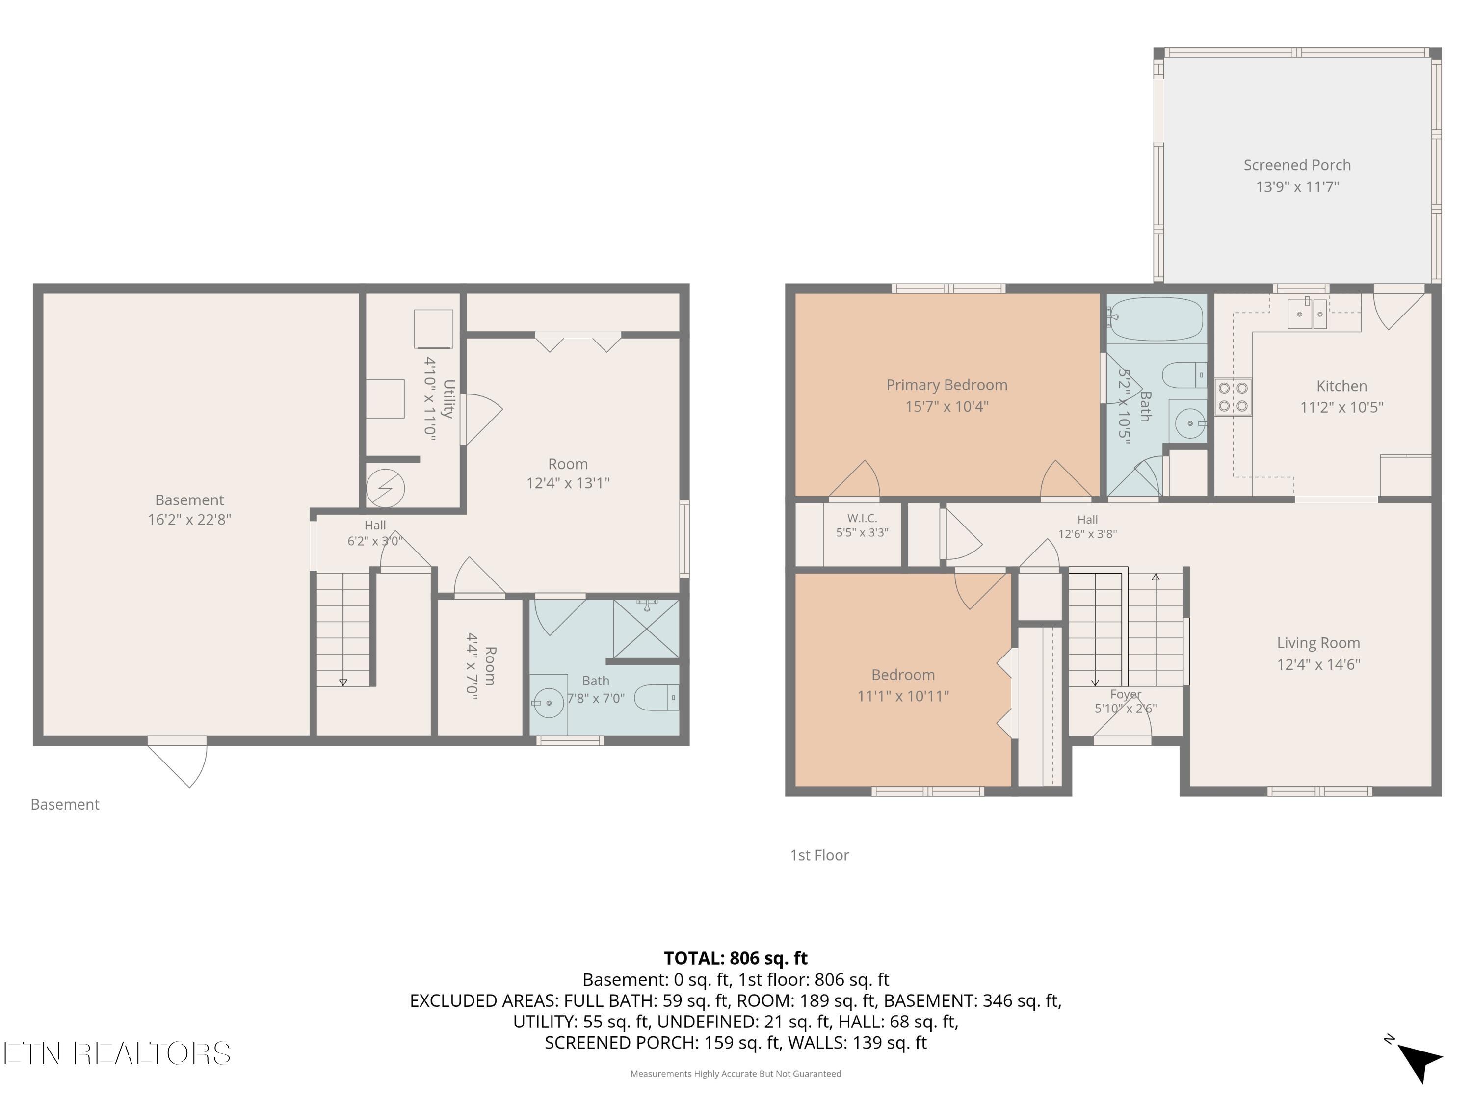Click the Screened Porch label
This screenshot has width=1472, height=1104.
point(1297,165)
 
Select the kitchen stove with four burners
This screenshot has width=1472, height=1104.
point(1233,396)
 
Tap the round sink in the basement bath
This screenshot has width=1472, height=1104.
point(549,703)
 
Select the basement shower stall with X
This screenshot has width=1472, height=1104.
point(646,629)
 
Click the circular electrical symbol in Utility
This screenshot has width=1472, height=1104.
point(385,488)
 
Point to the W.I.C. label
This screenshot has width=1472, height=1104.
point(862,518)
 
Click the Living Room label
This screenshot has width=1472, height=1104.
point(1318,643)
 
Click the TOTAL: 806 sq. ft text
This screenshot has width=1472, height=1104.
point(736,958)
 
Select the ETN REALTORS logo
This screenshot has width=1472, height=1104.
point(117,1053)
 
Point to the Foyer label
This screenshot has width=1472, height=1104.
point(1125,694)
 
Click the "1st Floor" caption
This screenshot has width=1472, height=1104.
point(819,855)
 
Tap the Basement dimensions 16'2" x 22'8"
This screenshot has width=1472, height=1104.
point(190,519)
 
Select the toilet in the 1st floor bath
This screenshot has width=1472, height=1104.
point(1185,375)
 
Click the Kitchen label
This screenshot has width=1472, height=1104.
point(1341,386)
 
